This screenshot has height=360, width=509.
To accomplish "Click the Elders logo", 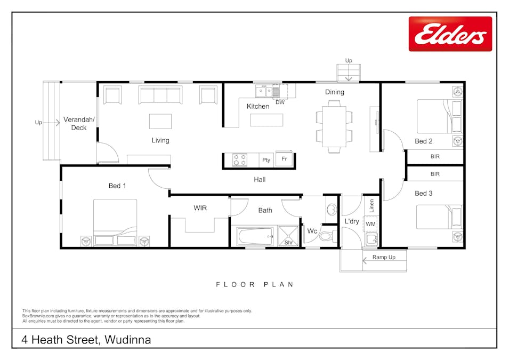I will tap(450, 34).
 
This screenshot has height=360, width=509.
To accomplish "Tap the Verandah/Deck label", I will tap(79, 123).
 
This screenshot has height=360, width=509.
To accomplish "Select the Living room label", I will tap(160, 140).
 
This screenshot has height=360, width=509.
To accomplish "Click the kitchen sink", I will tap(263, 92).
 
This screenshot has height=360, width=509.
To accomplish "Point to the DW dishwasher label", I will tap(280, 102).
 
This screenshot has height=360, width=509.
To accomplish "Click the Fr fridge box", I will tap(284, 159).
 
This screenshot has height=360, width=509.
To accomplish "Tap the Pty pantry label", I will tap(266, 160).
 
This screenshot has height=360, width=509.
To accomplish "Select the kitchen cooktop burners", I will tap(240, 160).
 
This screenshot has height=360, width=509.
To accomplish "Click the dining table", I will tap(334, 126).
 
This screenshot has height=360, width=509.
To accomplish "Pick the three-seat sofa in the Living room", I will tap(160, 95).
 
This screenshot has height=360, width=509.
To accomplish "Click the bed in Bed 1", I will tap(115, 222).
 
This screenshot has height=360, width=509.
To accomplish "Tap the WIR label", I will tap(200, 207).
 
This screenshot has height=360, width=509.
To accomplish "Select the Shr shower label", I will tap(288, 243).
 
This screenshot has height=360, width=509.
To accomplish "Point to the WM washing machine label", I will tap(370, 224).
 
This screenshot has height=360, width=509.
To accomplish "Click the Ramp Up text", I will tap(384, 258).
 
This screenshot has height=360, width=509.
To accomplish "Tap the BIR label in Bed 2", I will tap(435, 156).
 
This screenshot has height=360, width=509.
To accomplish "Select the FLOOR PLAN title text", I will tap(254, 285).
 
